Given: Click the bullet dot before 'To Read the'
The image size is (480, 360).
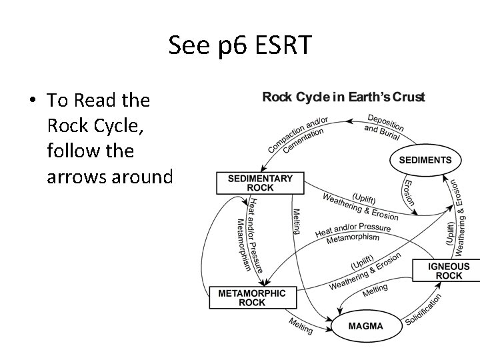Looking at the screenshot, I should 33,101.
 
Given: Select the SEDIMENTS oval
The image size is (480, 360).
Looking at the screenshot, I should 425,160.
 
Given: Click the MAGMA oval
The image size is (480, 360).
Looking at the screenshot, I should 366,326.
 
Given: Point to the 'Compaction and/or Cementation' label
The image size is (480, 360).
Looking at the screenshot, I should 297,135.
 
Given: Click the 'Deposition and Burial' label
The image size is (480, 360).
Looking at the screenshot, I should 383,127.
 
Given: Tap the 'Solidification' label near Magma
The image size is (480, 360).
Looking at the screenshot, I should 425,310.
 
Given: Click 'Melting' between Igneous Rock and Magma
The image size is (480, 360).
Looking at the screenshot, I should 375,290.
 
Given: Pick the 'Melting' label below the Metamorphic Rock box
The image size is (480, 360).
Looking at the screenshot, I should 300,326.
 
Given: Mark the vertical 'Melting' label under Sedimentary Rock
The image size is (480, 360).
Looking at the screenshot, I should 296,221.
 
